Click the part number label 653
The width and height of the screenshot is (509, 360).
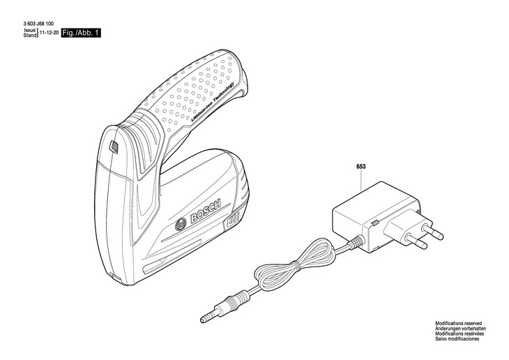(360, 167)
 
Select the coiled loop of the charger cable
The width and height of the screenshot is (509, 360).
(293, 264)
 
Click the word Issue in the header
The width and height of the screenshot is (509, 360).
(29, 31)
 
